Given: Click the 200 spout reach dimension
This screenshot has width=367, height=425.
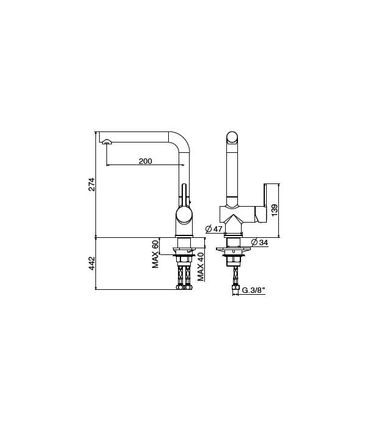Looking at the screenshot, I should [145, 161].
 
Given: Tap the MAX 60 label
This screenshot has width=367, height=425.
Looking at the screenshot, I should [156, 254].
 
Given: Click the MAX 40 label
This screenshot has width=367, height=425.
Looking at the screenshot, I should [201, 266].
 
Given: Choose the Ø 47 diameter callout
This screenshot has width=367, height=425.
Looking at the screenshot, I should [213, 229].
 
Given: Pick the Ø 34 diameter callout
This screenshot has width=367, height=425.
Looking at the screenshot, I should [260, 243].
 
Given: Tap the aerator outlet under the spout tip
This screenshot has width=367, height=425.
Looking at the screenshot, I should [107, 142].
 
